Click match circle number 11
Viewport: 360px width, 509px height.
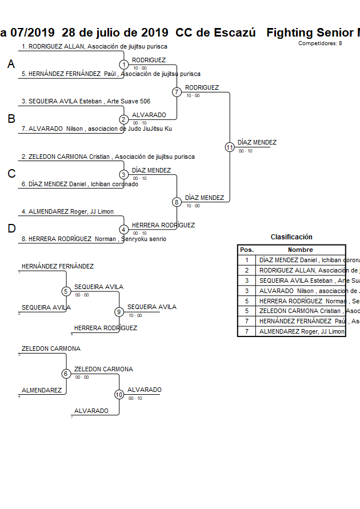pos(230,147)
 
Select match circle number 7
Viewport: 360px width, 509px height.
pos(177,92)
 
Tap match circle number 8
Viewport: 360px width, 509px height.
pos(177,202)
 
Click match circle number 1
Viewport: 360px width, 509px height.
pos(123,65)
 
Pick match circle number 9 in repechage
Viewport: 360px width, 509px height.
pos(119,312)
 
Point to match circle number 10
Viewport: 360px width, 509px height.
pos(119,394)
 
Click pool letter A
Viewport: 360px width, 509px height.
pos(11,65)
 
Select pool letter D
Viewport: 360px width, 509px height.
pos(11,229)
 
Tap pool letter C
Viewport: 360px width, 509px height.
pos(11,174)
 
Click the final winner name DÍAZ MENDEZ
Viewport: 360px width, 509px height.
pos(257,142)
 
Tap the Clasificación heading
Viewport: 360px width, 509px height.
pos(291,237)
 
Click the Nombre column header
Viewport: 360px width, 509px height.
pos(300,250)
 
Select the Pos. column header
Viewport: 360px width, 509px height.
pos(247,250)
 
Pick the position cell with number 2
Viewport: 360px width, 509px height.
pos(247,270)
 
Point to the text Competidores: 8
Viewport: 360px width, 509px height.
pos(320,43)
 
